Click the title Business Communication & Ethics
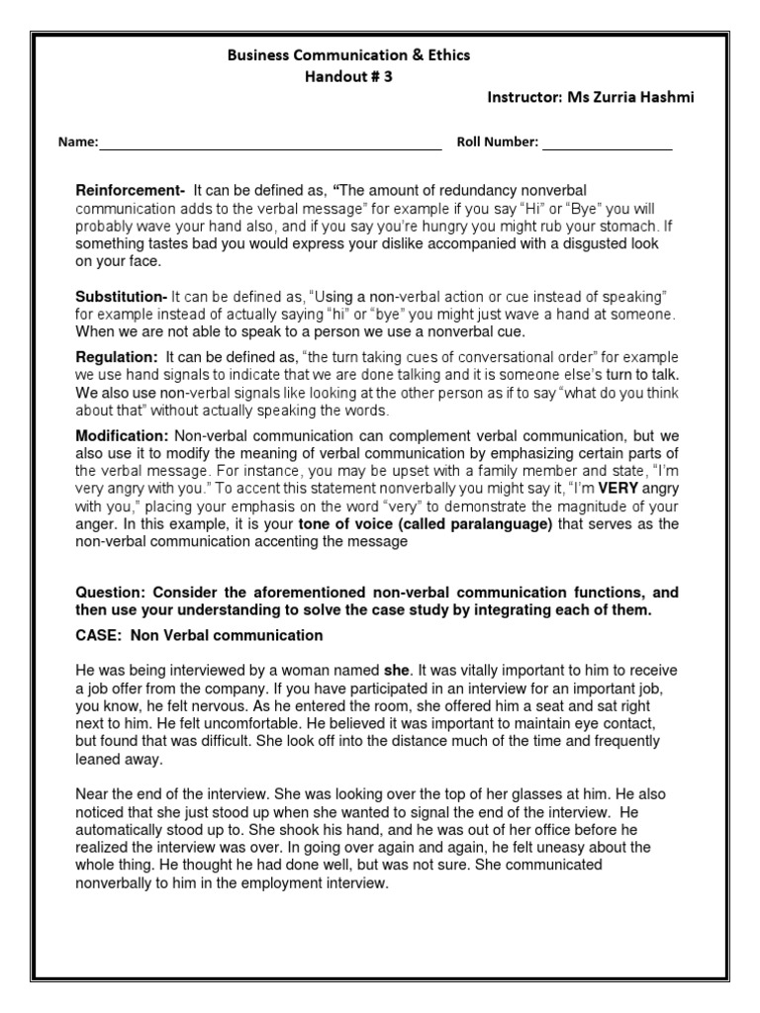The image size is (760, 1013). (x=349, y=55)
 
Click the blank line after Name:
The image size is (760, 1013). (x=269, y=143)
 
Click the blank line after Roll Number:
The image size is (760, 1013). (x=607, y=143)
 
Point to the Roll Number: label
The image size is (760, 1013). (x=497, y=142)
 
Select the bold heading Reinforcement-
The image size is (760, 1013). (x=131, y=190)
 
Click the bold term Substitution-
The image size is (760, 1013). (x=122, y=297)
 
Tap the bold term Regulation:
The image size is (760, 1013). (x=117, y=357)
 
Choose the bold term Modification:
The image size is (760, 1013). (x=124, y=435)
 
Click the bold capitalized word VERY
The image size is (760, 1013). (x=617, y=489)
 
